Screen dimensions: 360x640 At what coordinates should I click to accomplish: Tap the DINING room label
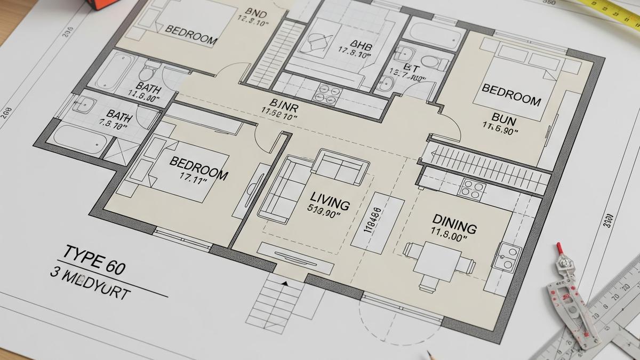pyautogui.click(x=454, y=221)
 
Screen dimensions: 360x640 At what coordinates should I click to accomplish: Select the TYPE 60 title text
pyautogui.click(x=94, y=258)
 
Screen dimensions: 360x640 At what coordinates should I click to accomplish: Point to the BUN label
pyautogui.click(x=504, y=118)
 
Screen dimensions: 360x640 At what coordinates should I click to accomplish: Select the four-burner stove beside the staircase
pyautogui.click(x=473, y=189)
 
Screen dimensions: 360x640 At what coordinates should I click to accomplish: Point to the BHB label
pyautogui.click(x=361, y=45)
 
